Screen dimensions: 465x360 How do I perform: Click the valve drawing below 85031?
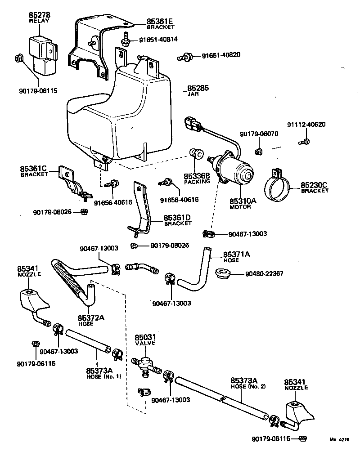(x=145, y=363)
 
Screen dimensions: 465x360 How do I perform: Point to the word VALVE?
(x=145, y=343)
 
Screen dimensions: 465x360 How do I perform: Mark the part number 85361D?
(x=177, y=218)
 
